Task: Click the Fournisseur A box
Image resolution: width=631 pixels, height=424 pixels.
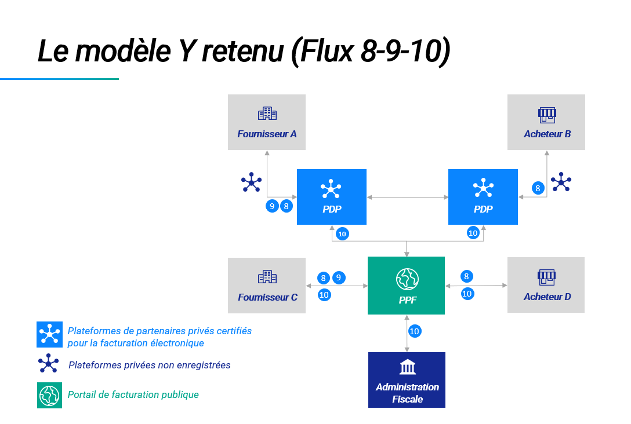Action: (x=266, y=122)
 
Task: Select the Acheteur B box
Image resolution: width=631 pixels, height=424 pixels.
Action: (x=546, y=122)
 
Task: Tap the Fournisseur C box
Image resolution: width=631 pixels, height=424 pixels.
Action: (x=266, y=286)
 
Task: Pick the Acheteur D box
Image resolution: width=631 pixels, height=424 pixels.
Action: (x=546, y=285)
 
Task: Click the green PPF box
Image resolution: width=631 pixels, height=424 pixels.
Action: (x=406, y=286)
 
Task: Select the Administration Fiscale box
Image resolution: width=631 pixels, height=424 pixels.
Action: (x=407, y=380)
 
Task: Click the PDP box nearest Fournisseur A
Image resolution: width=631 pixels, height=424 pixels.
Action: (x=332, y=197)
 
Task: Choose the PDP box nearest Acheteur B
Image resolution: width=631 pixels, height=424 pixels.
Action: (x=483, y=197)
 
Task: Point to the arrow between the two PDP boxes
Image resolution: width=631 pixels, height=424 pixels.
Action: (x=407, y=198)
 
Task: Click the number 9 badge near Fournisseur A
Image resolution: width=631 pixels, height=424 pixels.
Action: (x=272, y=206)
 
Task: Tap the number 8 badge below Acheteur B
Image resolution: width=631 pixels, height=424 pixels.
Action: (x=538, y=188)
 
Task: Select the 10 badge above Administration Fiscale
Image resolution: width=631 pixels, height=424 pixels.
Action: (x=415, y=331)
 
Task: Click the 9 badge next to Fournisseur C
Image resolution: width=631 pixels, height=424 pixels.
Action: (x=339, y=277)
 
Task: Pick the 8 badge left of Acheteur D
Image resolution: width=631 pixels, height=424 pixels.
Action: (x=466, y=276)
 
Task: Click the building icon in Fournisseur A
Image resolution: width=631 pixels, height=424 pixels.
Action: (x=267, y=114)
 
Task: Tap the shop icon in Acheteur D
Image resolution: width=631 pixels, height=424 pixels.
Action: (x=546, y=277)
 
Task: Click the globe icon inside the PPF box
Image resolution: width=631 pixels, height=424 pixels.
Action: (x=407, y=279)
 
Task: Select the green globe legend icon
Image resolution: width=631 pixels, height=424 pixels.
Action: (x=49, y=395)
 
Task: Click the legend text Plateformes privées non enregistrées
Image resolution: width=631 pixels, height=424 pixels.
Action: (x=149, y=365)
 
